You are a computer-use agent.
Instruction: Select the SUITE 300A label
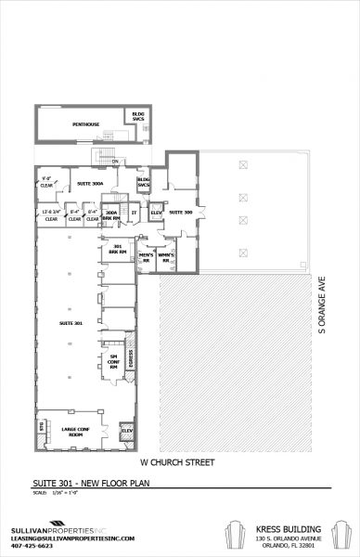point(90,184)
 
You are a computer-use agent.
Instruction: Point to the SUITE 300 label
point(181,213)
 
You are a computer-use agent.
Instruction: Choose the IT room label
point(135,213)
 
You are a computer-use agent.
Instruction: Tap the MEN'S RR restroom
point(146,257)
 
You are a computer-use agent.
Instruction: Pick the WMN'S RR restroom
point(168,257)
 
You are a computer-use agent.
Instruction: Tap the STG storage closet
point(41,426)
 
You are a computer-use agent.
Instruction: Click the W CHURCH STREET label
point(178,461)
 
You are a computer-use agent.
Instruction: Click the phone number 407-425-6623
point(25,546)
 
